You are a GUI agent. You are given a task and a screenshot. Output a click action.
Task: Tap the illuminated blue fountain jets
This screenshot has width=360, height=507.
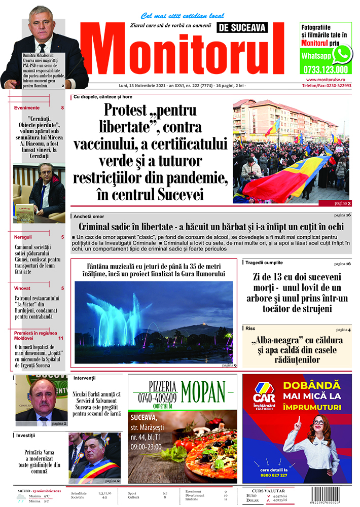117,314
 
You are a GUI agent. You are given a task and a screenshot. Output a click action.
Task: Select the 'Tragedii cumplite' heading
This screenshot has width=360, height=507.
265,263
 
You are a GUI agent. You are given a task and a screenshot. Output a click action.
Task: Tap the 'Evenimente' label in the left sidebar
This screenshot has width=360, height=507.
27,108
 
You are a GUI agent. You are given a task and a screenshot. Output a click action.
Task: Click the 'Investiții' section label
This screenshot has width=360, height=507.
25,436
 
